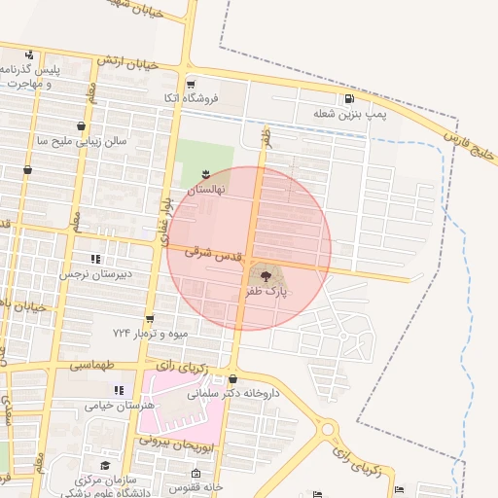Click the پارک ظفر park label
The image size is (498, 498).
pyautogui.click(x=268, y=292)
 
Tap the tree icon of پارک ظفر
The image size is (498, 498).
pyautogui.click(x=267, y=276)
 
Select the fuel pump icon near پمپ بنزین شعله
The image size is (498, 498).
pyautogui.click(x=349, y=99)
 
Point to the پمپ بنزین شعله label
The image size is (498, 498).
pyautogui.click(x=350, y=114)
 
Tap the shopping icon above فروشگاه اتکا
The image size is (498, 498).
pyautogui.click(x=191, y=84)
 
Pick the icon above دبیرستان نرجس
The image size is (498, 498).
pyautogui.click(x=94, y=260)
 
